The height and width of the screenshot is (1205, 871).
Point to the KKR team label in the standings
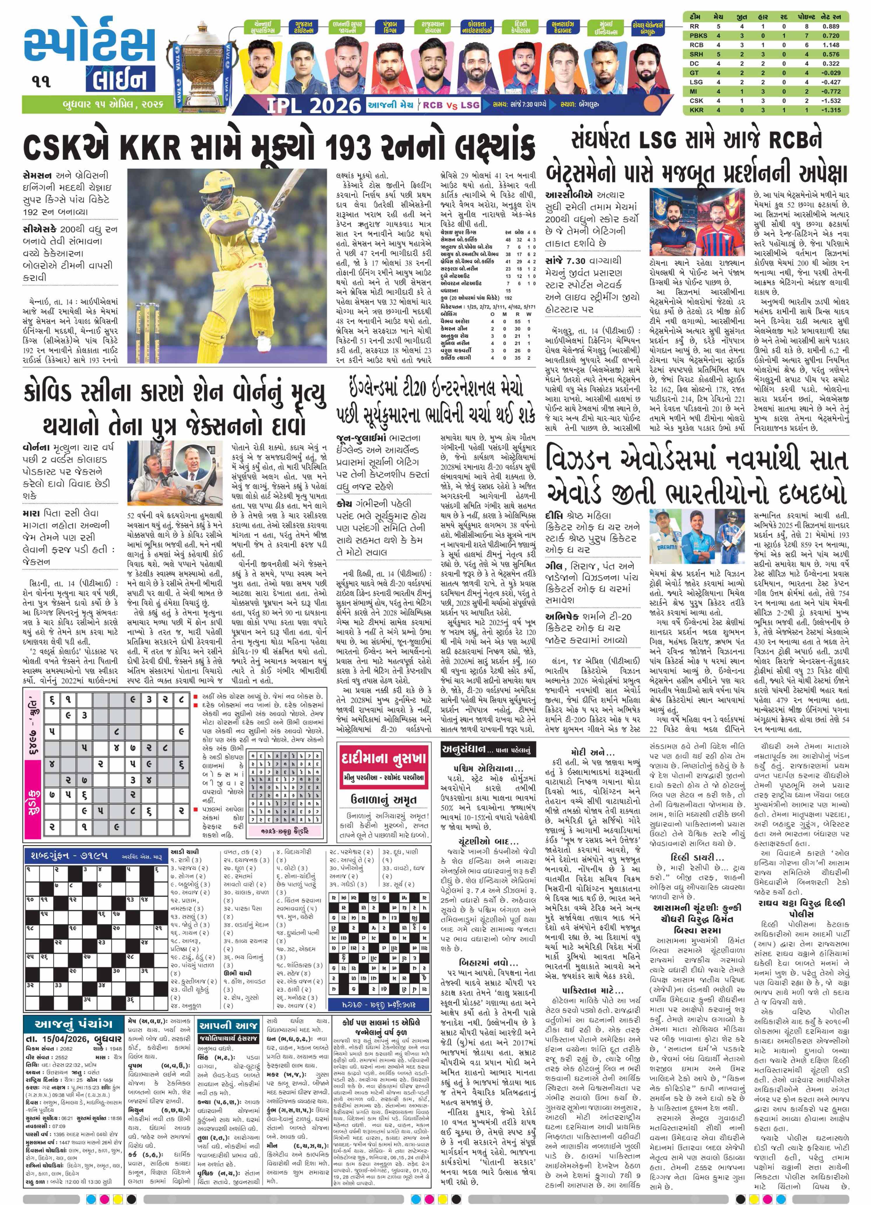(696, 110)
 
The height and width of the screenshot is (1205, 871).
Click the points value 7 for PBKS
(806, 36)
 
